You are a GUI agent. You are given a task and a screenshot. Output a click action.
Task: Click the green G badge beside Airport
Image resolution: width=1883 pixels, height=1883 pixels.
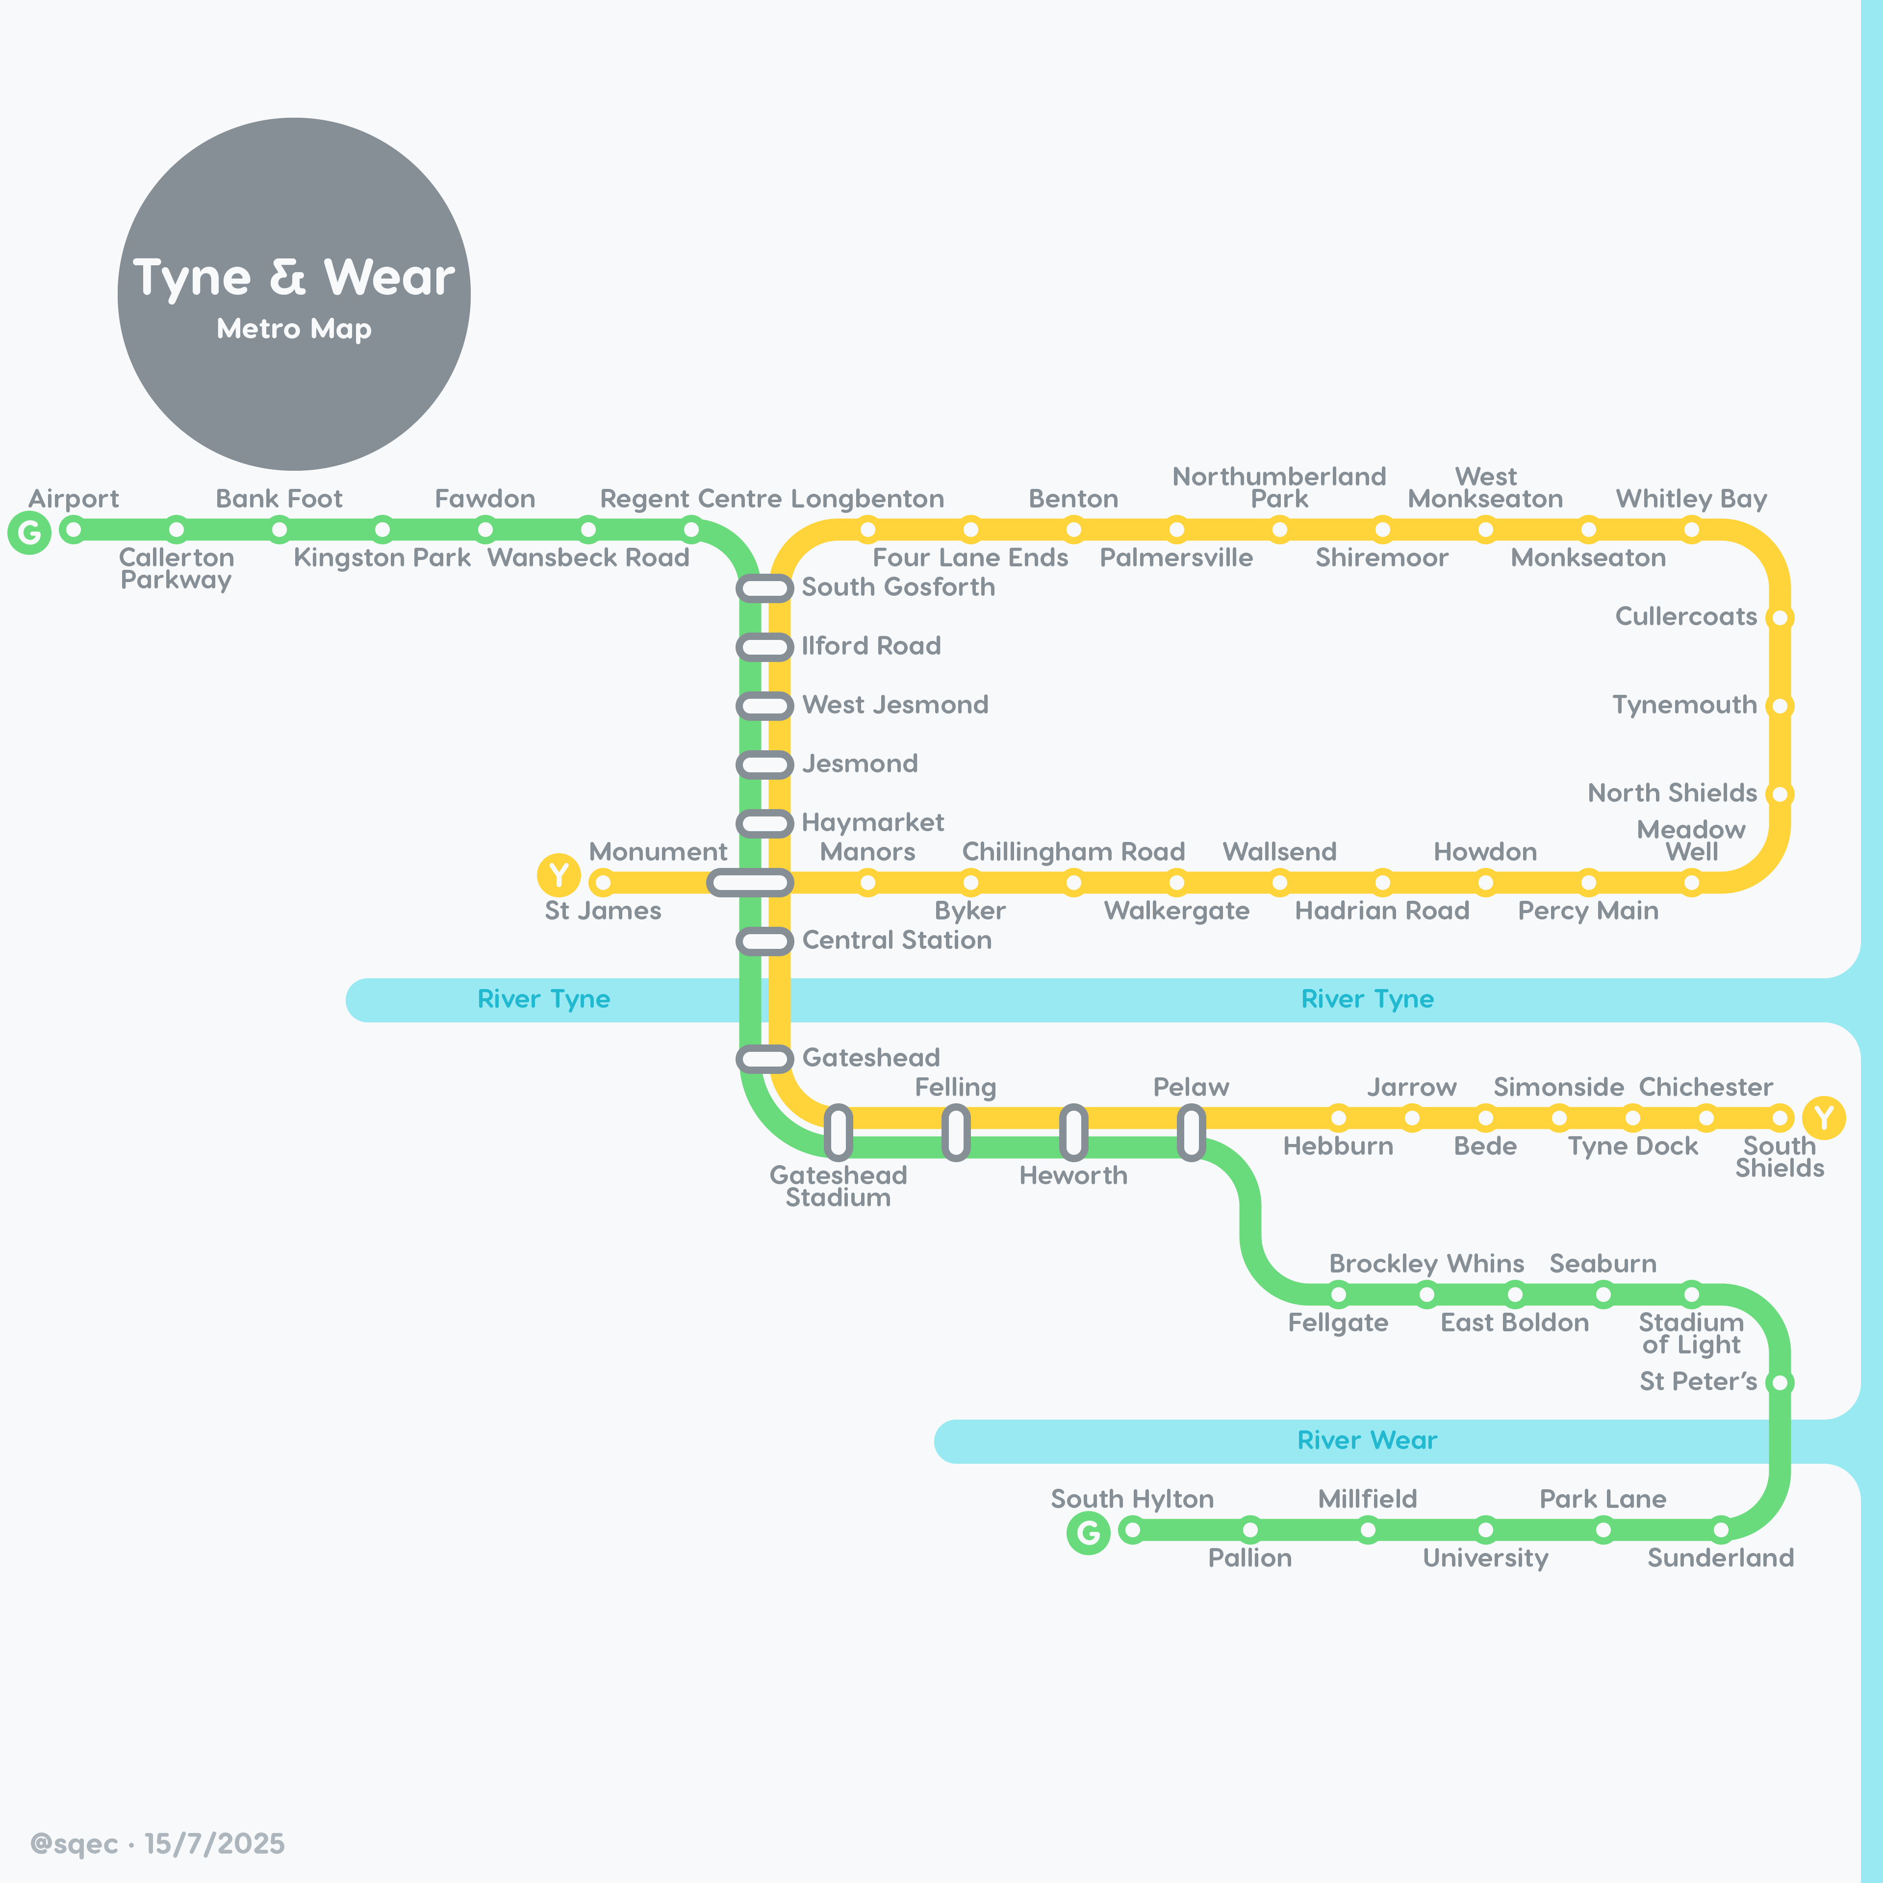pyautogui.click(x=29, y=532)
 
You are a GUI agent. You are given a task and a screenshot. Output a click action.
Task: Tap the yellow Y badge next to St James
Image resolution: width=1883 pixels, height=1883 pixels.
pyautogui.click(x=559, y=875)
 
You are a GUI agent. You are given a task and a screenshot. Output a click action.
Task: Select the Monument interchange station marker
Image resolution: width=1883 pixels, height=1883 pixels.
pyautogui.click(x=749, y=883)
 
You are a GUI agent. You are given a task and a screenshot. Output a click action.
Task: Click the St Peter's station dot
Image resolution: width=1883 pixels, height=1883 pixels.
pyautogui.click(x=1780, y=1382)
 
